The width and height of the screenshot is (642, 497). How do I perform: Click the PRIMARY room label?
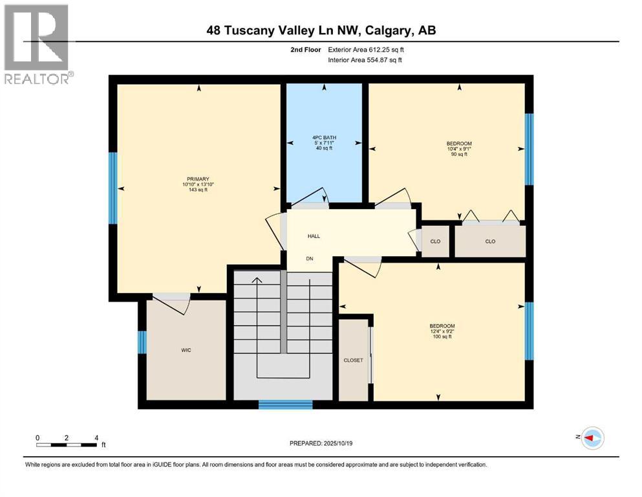198,179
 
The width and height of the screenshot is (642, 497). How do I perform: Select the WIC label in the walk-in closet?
186,350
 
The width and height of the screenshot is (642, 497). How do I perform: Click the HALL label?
314,236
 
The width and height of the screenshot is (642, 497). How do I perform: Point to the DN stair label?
310,259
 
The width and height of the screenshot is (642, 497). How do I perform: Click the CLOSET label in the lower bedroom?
353,360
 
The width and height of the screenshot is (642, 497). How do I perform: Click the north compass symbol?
592,438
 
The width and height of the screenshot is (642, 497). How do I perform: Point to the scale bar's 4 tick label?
96,438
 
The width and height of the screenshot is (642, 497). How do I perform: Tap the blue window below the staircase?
285,405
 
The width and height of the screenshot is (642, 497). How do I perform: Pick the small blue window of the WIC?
142,342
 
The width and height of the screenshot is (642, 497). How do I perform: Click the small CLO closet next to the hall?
435,241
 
